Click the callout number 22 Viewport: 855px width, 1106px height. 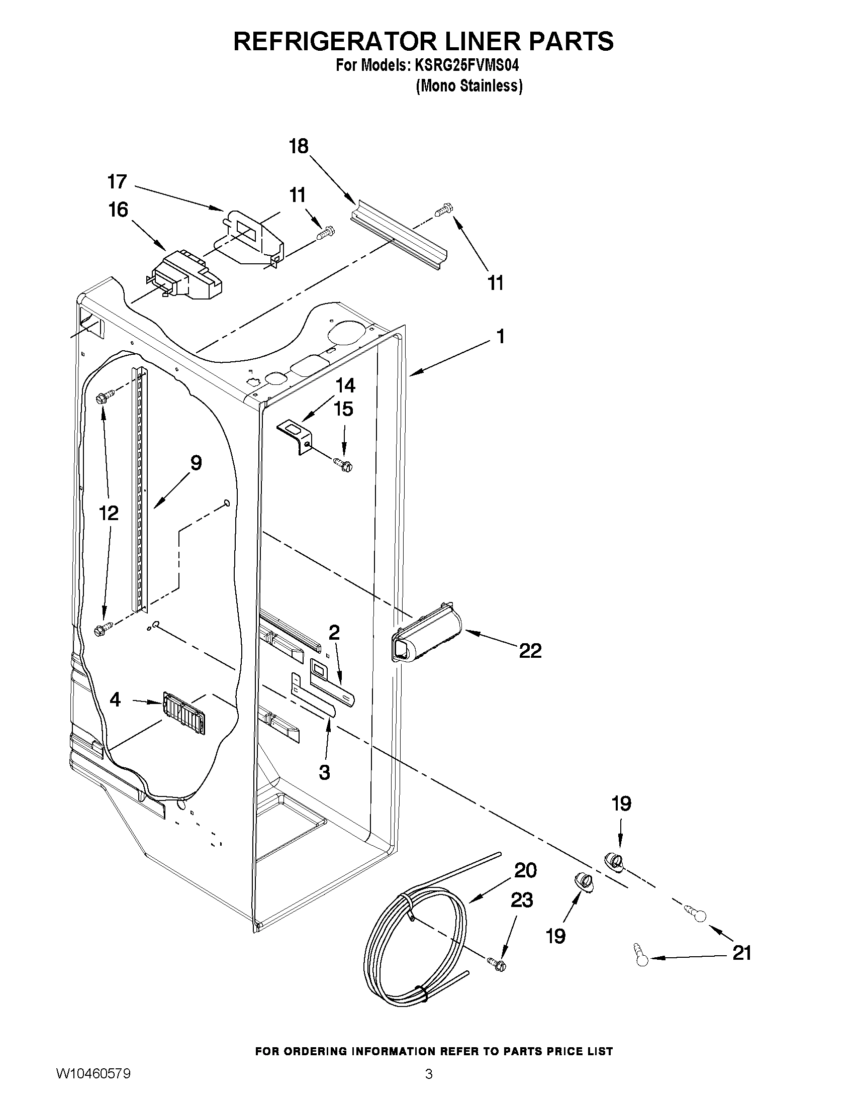tap(530, 651)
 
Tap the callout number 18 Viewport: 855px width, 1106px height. tap(299, 147)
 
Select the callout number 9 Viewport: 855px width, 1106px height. tap(196, 463)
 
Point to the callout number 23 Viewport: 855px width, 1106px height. tap(522, 900)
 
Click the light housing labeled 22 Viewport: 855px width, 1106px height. tap(427, 632)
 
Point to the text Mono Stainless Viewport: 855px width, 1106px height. tap(469, 86)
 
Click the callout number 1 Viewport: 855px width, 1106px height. tap(501, 336)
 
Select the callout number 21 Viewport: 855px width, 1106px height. tap(741, 954)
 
